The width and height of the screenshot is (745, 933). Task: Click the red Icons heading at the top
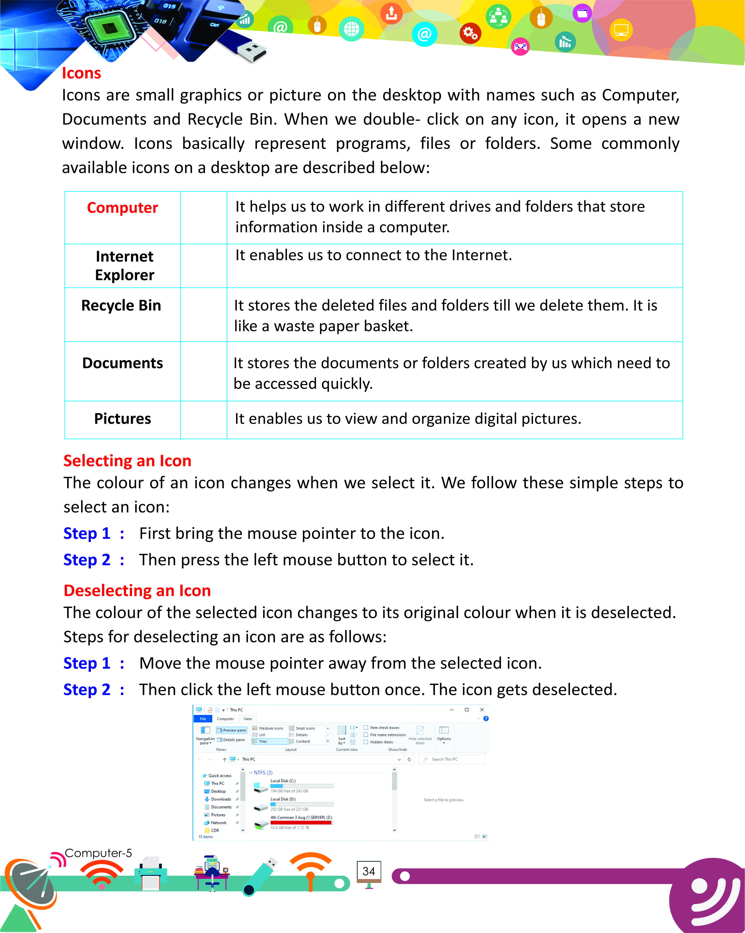click(x=81, y=73)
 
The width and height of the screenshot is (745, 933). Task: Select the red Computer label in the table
click(x=122, y=208)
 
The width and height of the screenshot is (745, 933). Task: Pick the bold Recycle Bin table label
click(x=121, y=306)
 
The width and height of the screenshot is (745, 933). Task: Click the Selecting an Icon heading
click(x=127, y=461)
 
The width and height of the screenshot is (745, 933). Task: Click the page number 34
click(x=368, y=871)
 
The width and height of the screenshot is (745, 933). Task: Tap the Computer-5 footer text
click(x=98, y=853)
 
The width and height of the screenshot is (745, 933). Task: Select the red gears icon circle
click(x=470, y=33)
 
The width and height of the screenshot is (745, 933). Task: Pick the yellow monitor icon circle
click(x=621, y=30)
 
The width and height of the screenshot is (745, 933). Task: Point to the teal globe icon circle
click(x=352, y=29)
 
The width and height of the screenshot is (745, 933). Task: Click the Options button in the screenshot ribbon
click(x=444, y=734)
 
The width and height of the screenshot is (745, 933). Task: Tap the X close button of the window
click(x=482, y=710)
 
